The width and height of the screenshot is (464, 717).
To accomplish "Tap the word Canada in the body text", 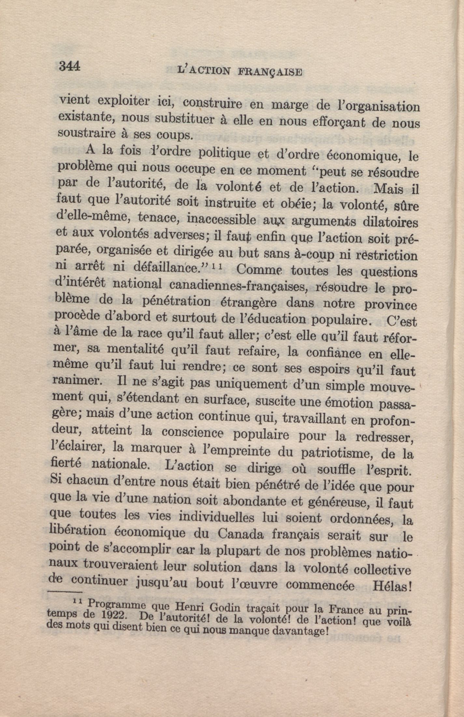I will click(241, 534).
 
